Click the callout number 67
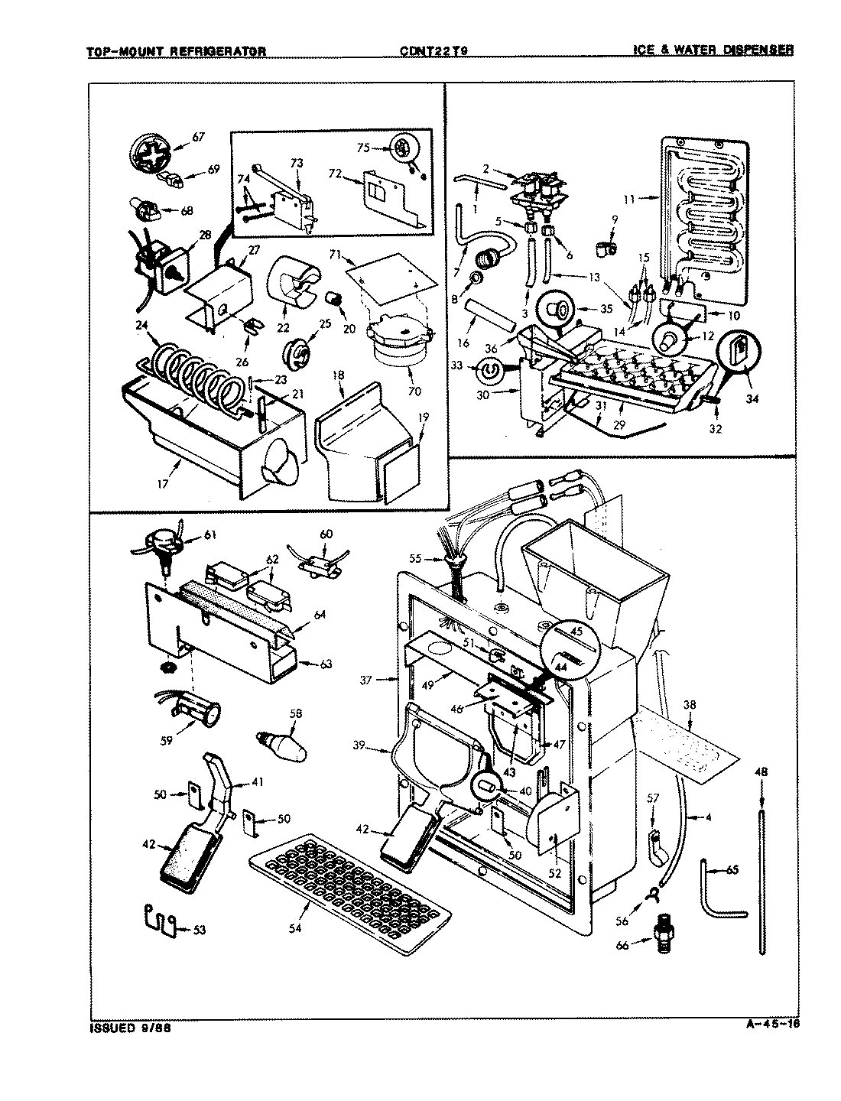[198, 137]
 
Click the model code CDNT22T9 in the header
[433, 51]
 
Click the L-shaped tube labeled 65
[719, 891]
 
